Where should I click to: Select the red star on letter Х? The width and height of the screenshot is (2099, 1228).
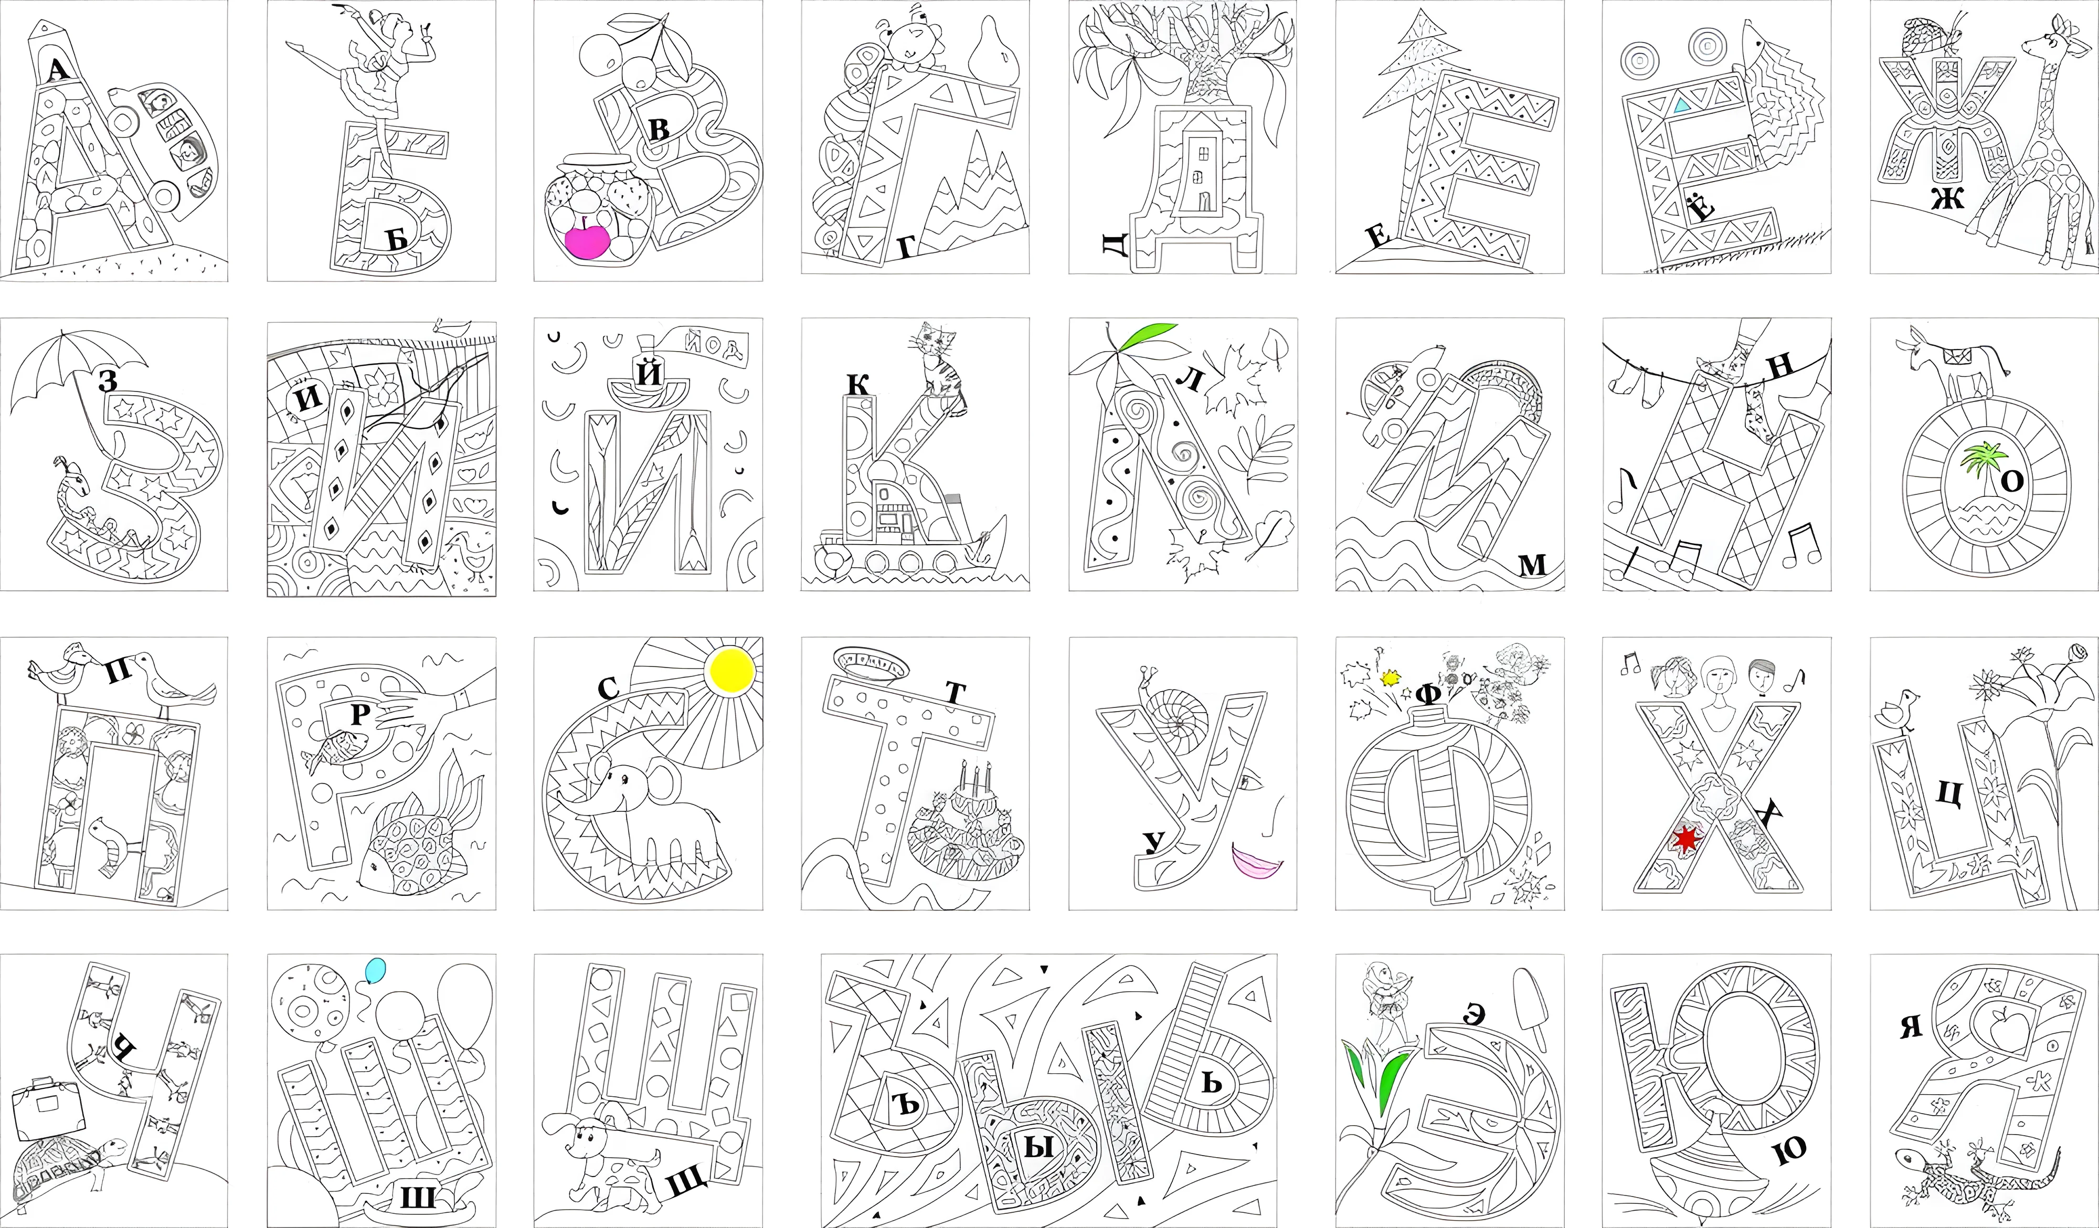click(x=1686, y=839)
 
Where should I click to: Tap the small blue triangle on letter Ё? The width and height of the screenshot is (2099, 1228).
click(x=1682, y=105)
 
